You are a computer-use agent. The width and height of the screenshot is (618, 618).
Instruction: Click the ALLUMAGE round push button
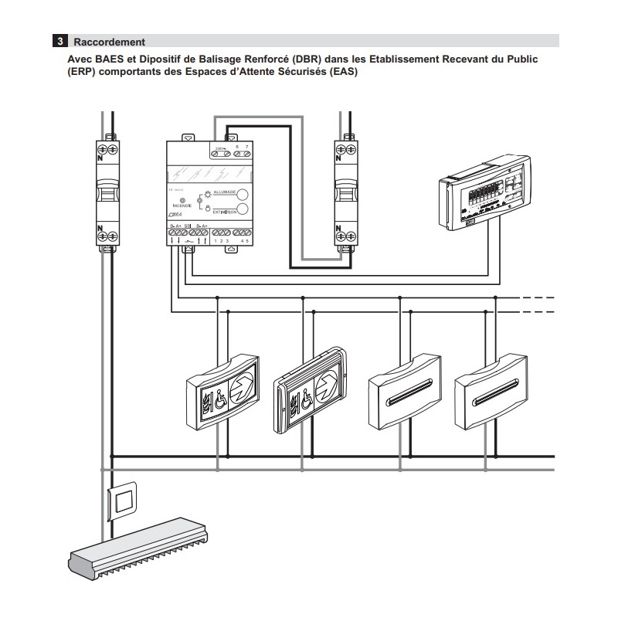(x=242, y=195)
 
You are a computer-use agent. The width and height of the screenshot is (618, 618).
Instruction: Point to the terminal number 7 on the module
(x=246, y=146)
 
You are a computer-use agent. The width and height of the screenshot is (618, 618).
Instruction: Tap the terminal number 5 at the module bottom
(x=247, y=242)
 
